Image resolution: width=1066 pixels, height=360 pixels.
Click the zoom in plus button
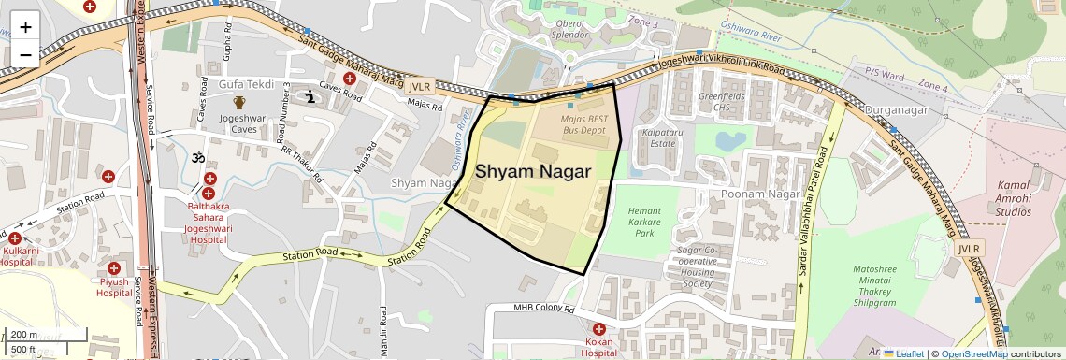click(x=25, y=26)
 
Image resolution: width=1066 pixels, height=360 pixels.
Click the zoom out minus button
click(x=25, y=54)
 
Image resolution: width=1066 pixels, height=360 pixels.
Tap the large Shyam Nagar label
click(x=533, y=172)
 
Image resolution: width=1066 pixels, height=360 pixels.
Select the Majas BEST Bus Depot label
click(x=583, y=125)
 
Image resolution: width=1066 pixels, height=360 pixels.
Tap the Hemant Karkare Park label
click(x=645, y=223)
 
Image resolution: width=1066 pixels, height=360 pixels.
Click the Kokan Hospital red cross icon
click(x=599, y=329)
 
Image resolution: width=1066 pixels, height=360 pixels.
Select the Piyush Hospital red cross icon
click(x=113, y=268)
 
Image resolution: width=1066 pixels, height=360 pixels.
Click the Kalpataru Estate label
click(x=658, y=138)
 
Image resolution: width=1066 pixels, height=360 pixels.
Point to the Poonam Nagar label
click(x=757, y=194)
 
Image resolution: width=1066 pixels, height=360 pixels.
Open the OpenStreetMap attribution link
click(x=973, y=353)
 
